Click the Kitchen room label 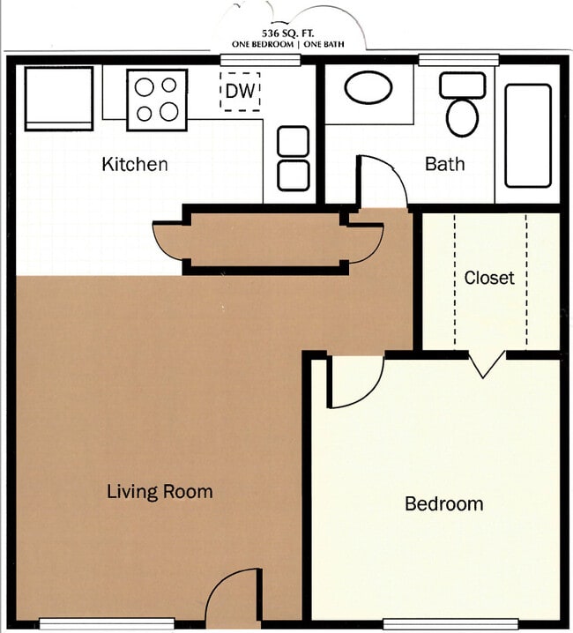(x=134, y=164)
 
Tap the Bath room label (x=444, y=164)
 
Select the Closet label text (x=489, y=278)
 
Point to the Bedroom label (x=443, y=504)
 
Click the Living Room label (x=160, y=491)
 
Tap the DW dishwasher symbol (x=240, y=92)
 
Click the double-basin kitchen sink (x=294, y=159)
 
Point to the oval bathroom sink (x=368, y=88)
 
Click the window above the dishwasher (x=260, y=60)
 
